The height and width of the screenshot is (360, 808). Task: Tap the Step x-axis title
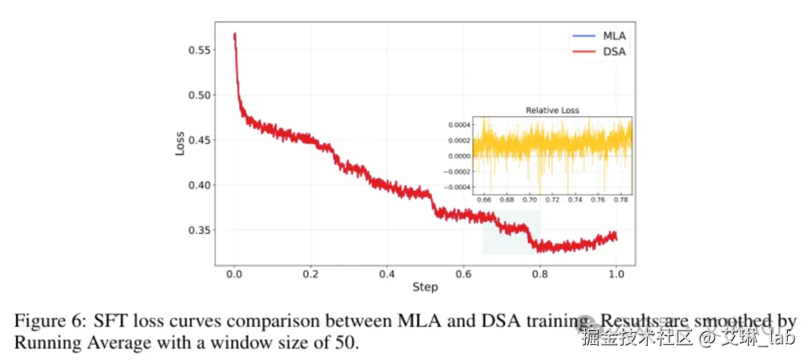(425, 287)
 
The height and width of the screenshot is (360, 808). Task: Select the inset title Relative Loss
(552, 111)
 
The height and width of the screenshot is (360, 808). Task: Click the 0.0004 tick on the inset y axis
(457, 124)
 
